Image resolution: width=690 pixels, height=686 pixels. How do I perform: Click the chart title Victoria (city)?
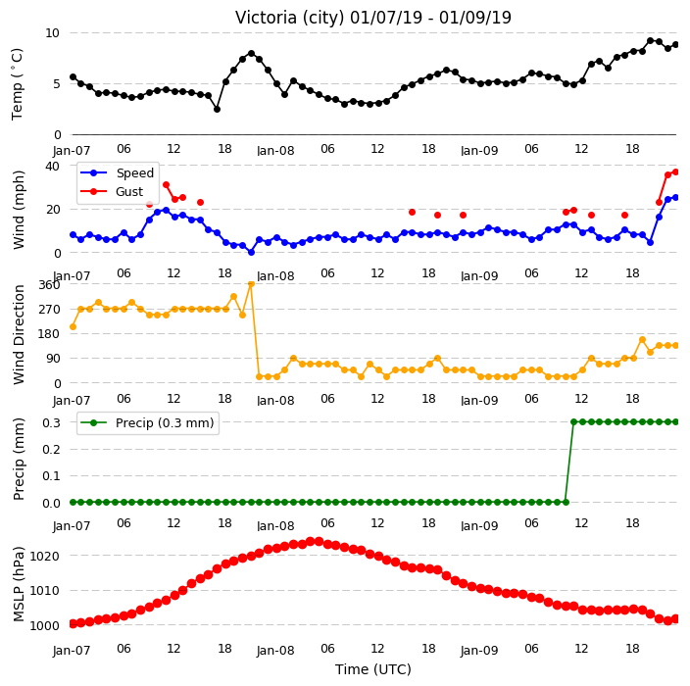click(289, 18)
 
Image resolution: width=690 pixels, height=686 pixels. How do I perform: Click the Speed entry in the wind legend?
click(117, 172)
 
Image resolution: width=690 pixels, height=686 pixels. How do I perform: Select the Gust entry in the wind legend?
click(112, 192)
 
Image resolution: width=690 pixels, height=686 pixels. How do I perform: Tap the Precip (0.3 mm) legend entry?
click(147, 422)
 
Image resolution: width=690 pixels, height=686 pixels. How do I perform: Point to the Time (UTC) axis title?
click(373, 669)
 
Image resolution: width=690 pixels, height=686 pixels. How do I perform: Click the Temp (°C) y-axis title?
click(17, 84)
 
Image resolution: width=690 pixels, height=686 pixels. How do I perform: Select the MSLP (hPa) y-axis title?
click(18, 584)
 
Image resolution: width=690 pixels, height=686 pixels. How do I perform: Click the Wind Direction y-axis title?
click(19, 335)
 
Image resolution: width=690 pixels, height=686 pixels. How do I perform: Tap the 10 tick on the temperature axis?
click(52, 33)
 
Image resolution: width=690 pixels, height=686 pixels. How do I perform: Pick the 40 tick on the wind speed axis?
click(52, 167)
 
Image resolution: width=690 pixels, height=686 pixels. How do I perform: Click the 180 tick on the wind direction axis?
click(49, 334)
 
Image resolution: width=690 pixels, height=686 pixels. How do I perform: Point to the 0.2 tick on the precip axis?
click(51, 449)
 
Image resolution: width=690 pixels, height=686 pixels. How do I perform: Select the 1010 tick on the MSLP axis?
click(44, 591)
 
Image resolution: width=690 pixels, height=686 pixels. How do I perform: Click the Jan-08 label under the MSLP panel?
click(275, 651)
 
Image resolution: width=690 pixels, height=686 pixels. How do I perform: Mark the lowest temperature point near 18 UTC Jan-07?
click(217, 109)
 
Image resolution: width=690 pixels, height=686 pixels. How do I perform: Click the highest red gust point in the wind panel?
click(676, 172)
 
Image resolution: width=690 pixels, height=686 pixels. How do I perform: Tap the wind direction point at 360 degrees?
click(251, 284)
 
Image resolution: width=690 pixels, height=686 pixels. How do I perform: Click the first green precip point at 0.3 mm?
click(573, 422)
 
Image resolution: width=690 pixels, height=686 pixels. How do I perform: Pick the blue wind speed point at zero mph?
click(251, 252)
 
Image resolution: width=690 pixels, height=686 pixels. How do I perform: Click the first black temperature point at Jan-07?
click(74, 77)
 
